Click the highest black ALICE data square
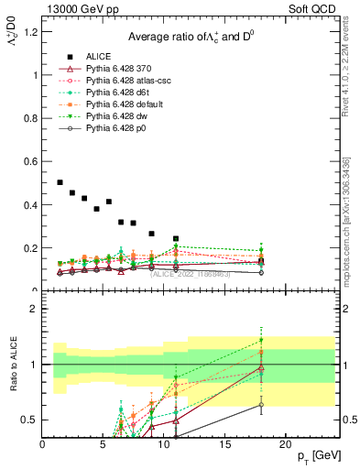click(60, 182)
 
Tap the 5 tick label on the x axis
click(103, 444)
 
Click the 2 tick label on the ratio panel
click(33, 309)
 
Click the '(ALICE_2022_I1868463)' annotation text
click(190, 275)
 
